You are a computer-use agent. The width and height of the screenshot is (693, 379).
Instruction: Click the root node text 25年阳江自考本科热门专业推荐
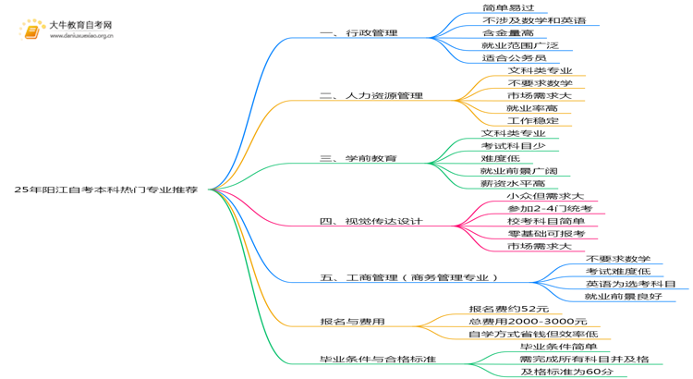point(106,189)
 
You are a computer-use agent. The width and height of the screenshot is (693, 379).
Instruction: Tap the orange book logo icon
point(31,31)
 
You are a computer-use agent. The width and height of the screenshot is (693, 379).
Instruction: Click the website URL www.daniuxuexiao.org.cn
point(81,36)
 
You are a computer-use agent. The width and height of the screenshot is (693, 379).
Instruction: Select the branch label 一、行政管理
point(359,32)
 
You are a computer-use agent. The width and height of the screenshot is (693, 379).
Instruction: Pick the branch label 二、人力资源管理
point(371,95)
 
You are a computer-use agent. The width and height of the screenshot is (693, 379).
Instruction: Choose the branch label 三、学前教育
point(359,158)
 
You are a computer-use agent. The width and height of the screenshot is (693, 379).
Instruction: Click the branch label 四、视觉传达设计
point(371,221)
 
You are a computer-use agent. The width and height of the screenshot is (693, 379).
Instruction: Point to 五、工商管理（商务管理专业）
point(409,277)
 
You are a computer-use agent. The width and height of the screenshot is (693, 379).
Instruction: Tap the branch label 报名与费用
point(352,322)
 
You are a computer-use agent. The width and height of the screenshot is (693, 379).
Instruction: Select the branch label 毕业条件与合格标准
point(378,359)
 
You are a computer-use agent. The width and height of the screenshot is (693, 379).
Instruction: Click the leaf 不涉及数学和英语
point(534,20)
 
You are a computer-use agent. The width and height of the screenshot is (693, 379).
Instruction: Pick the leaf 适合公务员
point(514,58)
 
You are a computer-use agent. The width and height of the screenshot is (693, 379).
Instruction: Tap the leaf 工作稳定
point(533,121)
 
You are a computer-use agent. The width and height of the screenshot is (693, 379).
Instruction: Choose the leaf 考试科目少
point(513,146)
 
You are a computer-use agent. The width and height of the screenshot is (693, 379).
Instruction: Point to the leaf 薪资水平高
point(513,184)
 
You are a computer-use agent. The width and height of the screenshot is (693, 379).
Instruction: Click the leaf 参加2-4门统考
point(550,209)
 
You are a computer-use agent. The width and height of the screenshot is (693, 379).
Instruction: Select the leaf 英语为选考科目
point(631,284)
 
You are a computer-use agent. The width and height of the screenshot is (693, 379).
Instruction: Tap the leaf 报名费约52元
point(509,309)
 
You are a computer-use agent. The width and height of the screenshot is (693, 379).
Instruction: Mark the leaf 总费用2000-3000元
point(528,322)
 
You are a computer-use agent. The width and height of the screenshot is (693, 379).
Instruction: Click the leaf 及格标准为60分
point(567,372)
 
